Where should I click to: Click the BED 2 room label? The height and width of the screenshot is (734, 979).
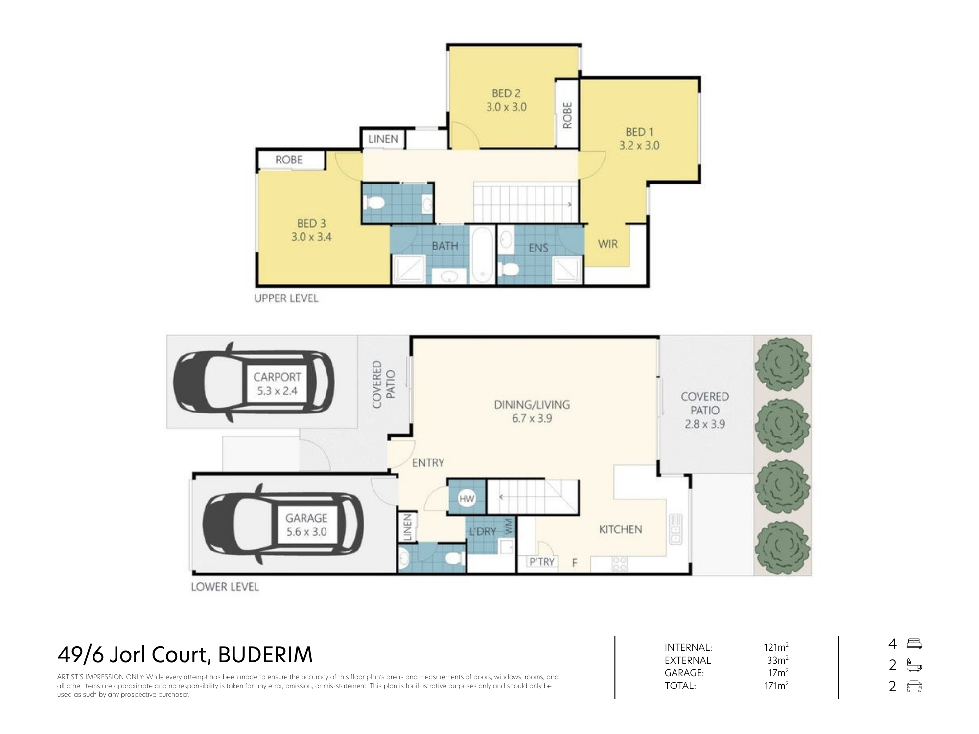[506, 93]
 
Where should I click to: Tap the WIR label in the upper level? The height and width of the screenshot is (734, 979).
[608, 244]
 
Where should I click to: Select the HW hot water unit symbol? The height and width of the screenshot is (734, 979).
[466, 499]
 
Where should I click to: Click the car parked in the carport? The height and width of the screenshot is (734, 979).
[254, 382]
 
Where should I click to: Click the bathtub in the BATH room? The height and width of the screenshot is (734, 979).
[482, 254]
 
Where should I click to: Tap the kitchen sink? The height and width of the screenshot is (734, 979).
[676, 529]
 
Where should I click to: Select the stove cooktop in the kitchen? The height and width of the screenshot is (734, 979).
[620, 564]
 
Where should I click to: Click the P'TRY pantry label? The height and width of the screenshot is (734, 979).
[542, 562]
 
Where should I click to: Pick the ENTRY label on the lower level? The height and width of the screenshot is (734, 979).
[428, 462]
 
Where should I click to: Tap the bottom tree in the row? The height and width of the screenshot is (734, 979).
[782, 548]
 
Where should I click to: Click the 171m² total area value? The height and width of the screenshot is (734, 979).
[776, 686]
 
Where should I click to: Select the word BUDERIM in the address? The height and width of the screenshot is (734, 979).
[265, 655]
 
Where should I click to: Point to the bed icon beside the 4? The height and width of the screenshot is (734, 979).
[914, 644]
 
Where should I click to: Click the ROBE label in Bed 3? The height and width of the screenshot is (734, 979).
[289, 160]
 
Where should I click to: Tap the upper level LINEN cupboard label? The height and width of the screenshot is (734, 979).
[383, 139]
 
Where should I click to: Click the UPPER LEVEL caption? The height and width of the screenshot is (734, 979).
[286, 298]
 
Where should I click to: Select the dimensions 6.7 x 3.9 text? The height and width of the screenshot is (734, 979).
[532, 418]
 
